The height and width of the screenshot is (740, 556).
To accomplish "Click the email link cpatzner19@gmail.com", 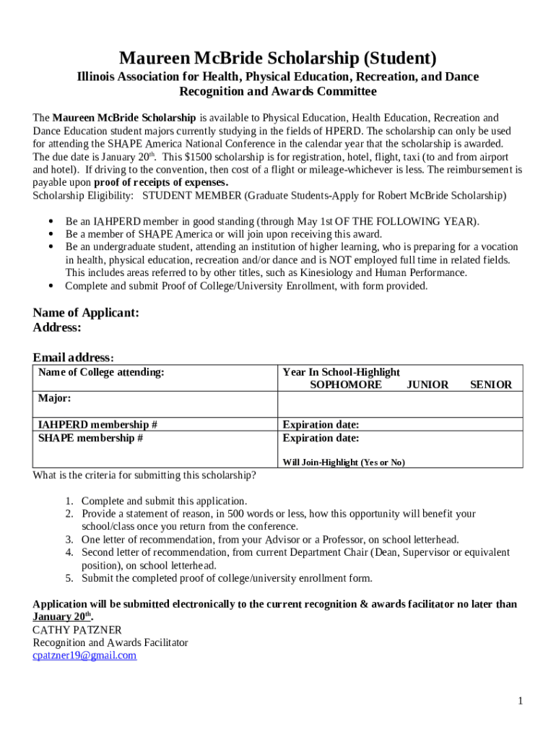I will [x=84, y=655].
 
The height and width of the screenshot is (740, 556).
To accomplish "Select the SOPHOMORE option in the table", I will [x=346, y=385].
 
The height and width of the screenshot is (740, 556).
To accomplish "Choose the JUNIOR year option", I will [x=427, y=385].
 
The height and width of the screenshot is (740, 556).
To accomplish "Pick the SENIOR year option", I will [x=491, y=385].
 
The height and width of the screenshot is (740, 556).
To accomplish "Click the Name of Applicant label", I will [x=86, y=312].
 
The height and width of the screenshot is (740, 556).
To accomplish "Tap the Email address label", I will [x=73, y=358].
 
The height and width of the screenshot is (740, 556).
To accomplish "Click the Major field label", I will [x=54, y=398].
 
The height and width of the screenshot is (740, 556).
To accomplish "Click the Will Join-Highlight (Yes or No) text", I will [x=344, y=462].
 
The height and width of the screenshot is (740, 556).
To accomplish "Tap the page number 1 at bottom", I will [x=520, y=701].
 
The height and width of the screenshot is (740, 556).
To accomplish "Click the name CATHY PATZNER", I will [x=77, y=629].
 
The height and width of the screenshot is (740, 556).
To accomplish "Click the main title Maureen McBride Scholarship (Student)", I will [x=278, y=58].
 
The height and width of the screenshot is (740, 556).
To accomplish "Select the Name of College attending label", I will [x=101, y=372].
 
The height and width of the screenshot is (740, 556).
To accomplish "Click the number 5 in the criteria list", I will [x=69, y=578].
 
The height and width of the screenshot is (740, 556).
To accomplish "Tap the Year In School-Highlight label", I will [x=341, y=372].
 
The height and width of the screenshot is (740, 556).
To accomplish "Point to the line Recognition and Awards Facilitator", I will [x=110, y=642].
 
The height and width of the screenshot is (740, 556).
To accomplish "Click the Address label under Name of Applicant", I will [x=57, y=327].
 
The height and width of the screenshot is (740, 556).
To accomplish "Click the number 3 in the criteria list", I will [x=69, y=539].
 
